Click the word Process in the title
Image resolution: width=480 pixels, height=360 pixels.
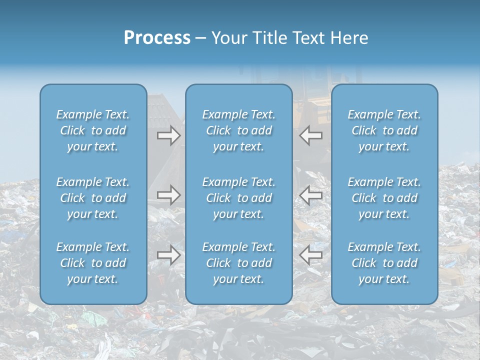[x=157, y=38]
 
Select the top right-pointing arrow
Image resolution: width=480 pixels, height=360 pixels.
[x=168, y=135]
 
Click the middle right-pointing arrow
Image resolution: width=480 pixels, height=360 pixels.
[x=168, y=194]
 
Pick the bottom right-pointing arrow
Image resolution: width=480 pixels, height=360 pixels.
[x=168, y=255]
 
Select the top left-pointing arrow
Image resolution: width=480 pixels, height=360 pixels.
[x=310, y=135]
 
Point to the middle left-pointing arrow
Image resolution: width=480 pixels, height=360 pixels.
[x=310, y=194]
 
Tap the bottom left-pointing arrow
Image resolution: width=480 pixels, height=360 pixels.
[x=310, y=255]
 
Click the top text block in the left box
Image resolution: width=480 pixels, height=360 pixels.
[x=93, y=130]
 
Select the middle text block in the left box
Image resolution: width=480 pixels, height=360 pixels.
[x=93, y=198]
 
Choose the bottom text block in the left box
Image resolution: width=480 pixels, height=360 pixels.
[x=93, y=263]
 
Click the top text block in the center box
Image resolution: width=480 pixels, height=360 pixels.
[x=238, y=130]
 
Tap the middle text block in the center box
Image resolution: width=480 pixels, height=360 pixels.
[x=238, y=198]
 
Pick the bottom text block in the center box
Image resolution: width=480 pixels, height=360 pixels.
[x=238, y=263]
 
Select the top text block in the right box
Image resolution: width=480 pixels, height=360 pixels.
[x=384, y=130]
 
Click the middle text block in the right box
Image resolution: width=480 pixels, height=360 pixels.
[x=384, y=198]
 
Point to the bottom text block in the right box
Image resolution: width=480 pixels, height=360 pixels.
[x=384, y=263]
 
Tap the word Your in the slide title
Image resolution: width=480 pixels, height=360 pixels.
[x=228, y=38]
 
